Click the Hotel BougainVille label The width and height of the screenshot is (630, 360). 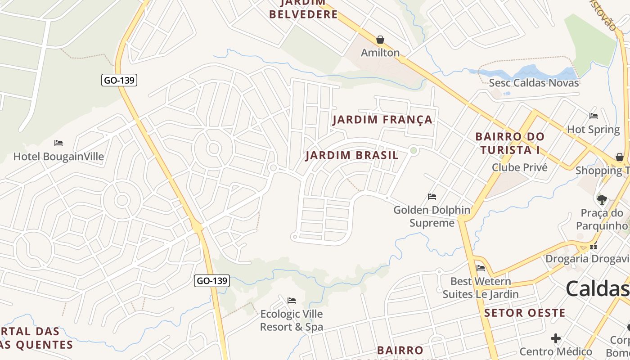pos(58,157)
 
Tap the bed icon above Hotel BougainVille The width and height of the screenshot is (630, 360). pos(58,143)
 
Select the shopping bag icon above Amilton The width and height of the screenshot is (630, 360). pos(380,40)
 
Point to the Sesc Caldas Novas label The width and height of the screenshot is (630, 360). pos(534,83)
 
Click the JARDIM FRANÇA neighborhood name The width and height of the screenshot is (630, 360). pos(382,120)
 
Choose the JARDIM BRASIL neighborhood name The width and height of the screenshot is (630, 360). pos(352,156)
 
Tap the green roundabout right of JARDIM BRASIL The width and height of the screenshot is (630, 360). pos(414,151)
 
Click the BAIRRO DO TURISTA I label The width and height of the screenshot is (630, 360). pos(510,143)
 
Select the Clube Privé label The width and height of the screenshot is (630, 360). pos(519,167)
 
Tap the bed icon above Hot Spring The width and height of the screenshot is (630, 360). pos(594,116)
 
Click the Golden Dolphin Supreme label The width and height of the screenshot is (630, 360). pos(432,216)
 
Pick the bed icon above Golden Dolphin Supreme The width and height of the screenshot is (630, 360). pos(432,197)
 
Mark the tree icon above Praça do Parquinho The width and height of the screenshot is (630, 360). pos(602,199)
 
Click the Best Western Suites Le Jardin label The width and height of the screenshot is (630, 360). pos(481,288)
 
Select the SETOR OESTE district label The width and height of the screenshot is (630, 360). pos(525,313)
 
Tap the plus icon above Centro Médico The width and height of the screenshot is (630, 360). pos(556,338)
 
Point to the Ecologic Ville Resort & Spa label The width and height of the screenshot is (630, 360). pos(291,320)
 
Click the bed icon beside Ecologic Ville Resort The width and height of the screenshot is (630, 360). pos(292,300)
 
